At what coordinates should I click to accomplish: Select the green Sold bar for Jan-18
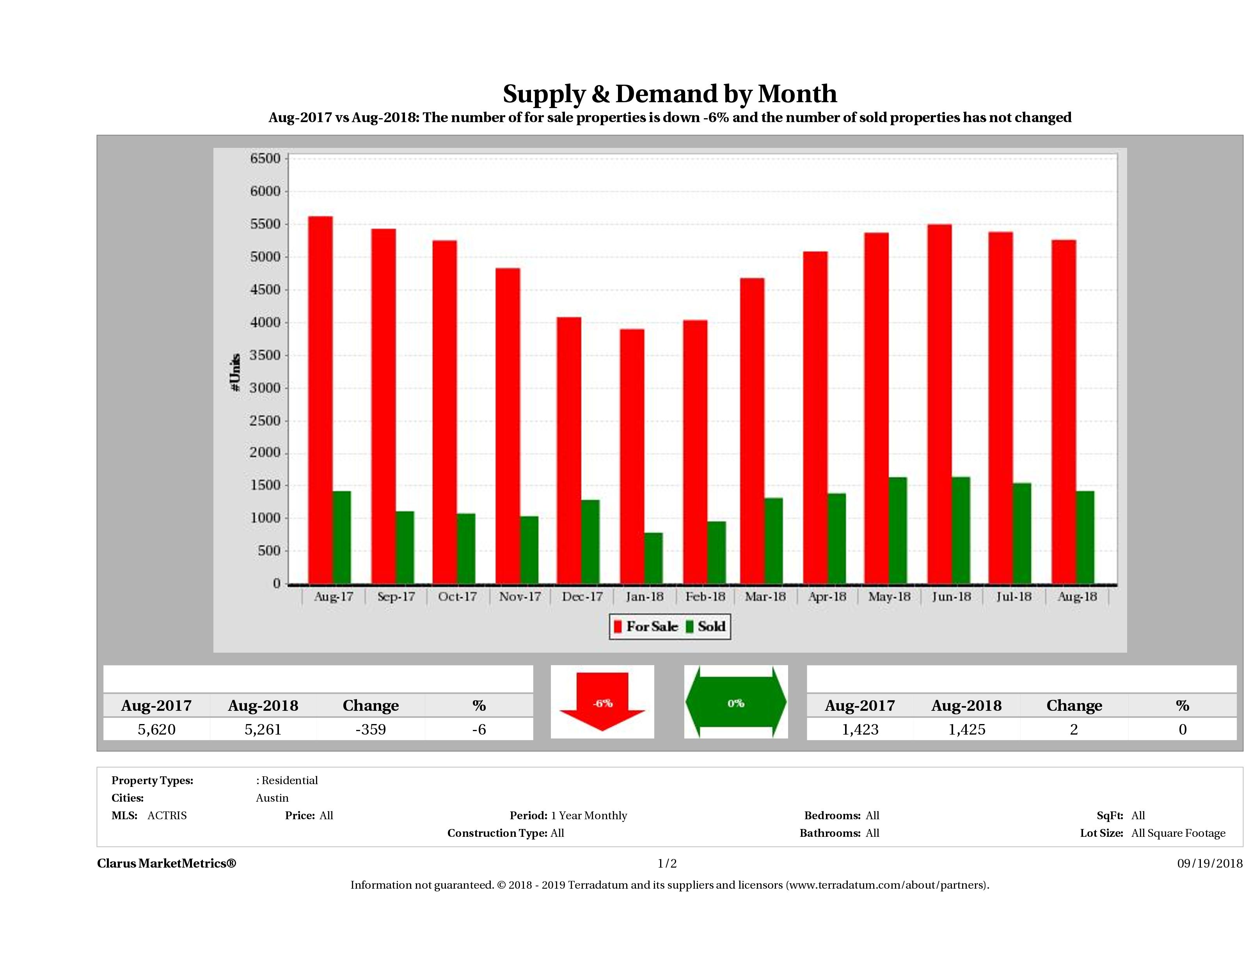tap(653, 558)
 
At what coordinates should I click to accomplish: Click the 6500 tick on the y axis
tap(266, 159)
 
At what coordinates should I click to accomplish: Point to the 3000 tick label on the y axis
tap(266, 388)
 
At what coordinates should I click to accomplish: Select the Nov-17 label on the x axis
tap(520, 596)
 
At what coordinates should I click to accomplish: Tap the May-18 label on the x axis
tap(889, 596)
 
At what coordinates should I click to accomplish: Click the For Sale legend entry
tap(646, 627)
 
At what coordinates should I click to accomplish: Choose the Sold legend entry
tap(706, 627)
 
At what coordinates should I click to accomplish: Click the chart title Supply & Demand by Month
tap(669, 94)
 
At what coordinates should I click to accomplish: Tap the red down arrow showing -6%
tap(602, 702)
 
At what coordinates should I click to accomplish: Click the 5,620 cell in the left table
tap(156, 729)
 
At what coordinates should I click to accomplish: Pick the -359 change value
tap(371, 729)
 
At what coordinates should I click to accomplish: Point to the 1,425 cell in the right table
tap(966, 729)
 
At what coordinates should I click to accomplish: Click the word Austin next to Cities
tap(272, 798)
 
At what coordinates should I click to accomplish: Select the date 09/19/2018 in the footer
tap(1209, 863)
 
